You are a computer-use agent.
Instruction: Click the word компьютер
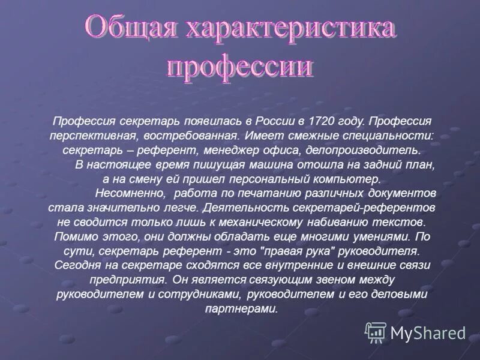pyautogui.click(x=348, y=179)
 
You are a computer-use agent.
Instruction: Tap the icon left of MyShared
pyautogui.click(x=376, y=332)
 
